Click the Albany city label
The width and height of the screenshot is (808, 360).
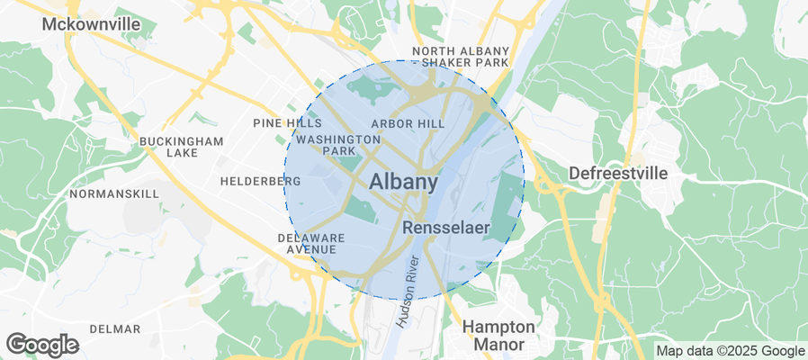pos(404,182)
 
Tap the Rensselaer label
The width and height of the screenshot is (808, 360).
pos(446,229)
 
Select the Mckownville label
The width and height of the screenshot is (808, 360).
pos(91,24)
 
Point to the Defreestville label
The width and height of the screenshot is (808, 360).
pos(619,174)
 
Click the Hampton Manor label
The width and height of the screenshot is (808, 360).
pos(498,335)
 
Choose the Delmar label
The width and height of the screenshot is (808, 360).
pos(115,328)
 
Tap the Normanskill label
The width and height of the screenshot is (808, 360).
pos(114,193)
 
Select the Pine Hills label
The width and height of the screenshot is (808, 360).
pos(287,123)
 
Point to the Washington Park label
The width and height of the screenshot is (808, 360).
pos(338,145)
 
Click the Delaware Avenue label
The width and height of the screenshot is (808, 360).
pos(311,243)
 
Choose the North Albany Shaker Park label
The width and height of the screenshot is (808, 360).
pos(461,57)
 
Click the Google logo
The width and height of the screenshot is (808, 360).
pos(42,345)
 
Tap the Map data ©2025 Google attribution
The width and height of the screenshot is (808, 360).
pos(730,351)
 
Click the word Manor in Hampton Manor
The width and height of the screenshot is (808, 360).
pos(498,344)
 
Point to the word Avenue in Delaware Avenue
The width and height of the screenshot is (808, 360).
pos(311,249)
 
